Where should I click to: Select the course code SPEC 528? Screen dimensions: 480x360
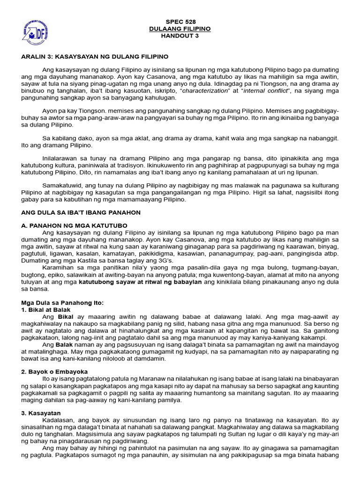click(181, 22)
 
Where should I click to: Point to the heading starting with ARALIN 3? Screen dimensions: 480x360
click(95, 56)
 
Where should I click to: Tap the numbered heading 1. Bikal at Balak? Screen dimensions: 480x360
click(46, 310)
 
